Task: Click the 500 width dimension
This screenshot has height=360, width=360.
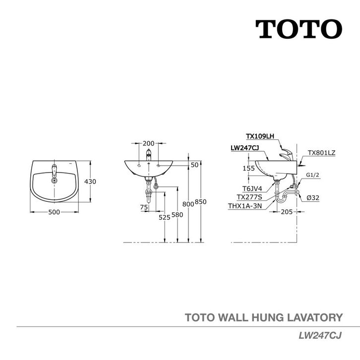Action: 54,212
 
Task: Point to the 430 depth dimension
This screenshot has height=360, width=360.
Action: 90,182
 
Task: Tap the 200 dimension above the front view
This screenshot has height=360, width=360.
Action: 147,143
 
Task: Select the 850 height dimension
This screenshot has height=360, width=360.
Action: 200,202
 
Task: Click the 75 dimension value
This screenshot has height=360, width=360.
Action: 144,207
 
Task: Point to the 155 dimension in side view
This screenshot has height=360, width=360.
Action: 248,169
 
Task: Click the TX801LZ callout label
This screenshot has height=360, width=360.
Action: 321,153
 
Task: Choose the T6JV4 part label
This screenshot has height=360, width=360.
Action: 252,189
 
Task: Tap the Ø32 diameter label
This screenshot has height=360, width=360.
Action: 312,197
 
